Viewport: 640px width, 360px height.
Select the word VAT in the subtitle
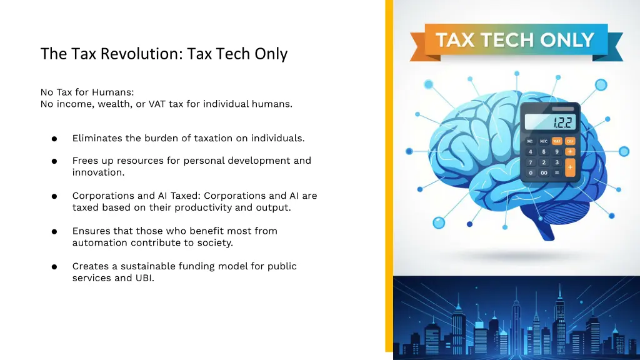pos(157,104)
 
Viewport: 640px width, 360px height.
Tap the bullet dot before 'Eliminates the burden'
pos(55,139)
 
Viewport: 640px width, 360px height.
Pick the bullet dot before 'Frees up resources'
pos(55,161)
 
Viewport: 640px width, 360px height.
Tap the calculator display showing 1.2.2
pos(551,122)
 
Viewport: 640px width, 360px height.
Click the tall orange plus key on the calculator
pos(570,167)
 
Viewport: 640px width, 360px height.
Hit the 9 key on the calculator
pos(556,152)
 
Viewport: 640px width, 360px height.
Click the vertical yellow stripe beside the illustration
pos(389,175)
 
